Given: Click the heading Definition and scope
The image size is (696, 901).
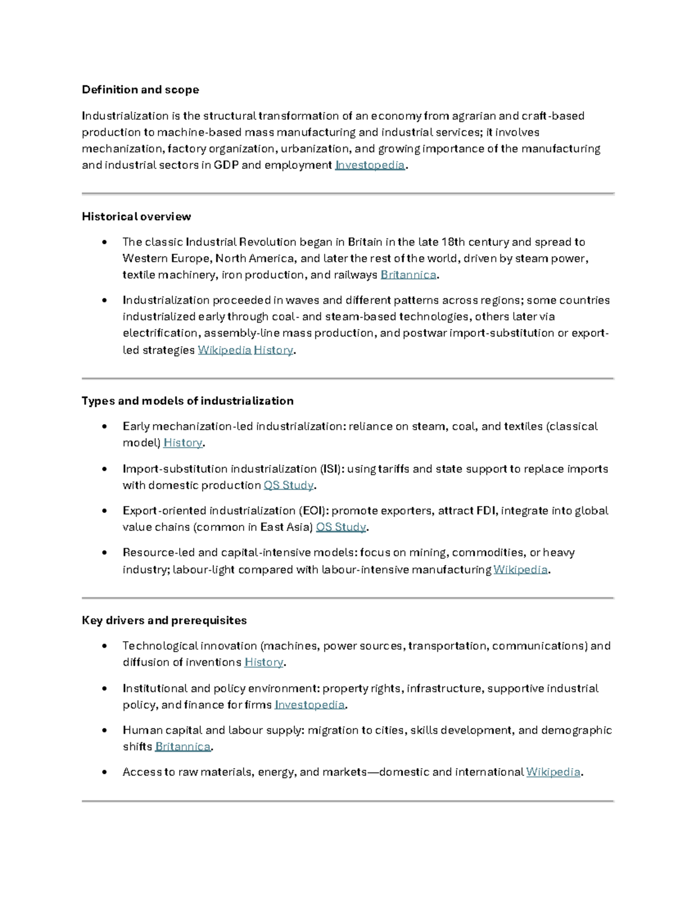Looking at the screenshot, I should point(140,90).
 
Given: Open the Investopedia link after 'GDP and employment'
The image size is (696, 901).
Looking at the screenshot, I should point(369,165).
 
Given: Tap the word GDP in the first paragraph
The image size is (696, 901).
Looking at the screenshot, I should point(226,165).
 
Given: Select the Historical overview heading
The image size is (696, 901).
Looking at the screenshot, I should point(136,217).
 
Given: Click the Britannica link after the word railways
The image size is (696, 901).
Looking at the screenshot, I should point(408,275).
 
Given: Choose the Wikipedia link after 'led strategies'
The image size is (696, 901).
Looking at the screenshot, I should point(224,350).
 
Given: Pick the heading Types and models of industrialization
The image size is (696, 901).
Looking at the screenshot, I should point(187,401).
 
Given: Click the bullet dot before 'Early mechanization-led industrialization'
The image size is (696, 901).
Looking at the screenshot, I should point(104,426).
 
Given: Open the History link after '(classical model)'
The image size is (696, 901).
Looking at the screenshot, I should point(183,443).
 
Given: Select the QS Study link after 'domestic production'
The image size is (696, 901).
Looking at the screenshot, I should point(288,486).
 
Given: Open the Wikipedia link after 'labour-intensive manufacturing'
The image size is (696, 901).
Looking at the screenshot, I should point(520,570).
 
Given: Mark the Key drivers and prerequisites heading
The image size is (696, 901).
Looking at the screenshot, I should point(164,621).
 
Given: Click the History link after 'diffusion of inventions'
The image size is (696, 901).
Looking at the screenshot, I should point(264,663).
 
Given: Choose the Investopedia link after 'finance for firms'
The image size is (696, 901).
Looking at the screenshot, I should point(309,705).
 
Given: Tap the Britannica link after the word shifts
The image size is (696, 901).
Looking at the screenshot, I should point(183,747).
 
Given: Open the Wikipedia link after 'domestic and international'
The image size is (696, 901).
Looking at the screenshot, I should point(553,772).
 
